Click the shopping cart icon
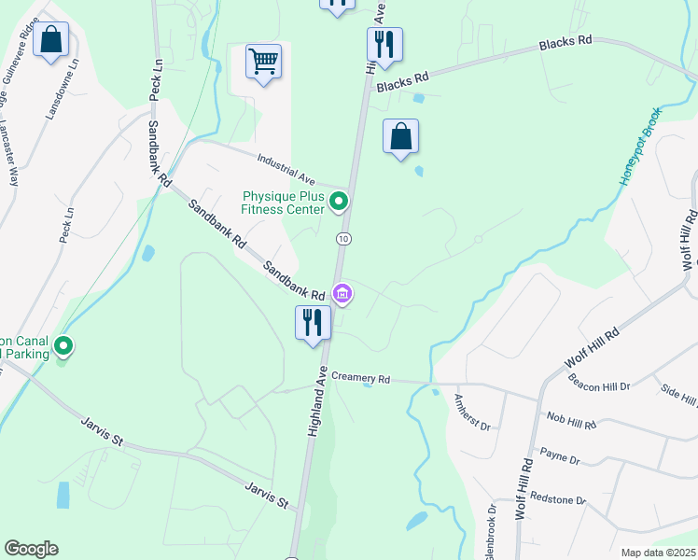click(x=264, y=62)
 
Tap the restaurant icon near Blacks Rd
click(x=384, y=43)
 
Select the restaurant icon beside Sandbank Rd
click(x=313, y=322)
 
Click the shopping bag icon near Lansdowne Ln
click(x=52, y=40)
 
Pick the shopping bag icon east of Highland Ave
click(x=400, y=136)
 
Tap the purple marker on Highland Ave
click(x=342, y=295)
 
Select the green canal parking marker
click(x=63, y=347)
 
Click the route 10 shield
click(x=344, y=239)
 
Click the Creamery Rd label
click(x=360, y=378)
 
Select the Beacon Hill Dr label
click(x=599, y=384)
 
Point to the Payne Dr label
click(x=560, y=460)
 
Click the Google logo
click(x=31, y=549)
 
